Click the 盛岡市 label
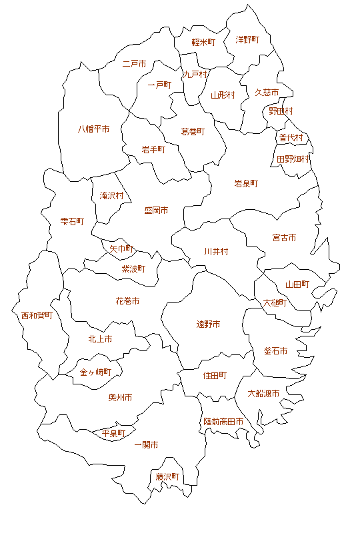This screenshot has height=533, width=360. (156, 211)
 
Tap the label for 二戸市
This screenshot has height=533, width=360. (135, 65)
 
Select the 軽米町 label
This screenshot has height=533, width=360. (203, 42)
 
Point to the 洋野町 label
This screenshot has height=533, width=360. (247, 40)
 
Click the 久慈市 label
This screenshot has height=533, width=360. (267, 93)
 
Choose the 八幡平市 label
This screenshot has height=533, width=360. (93, 129)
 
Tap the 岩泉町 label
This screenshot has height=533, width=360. (246, 183)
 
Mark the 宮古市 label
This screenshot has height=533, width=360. (284, 238)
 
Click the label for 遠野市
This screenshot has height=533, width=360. (208, 324)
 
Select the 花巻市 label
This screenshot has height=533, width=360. (127, 301)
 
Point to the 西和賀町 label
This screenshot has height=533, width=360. (37, 315)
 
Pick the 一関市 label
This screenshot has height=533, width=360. (146, 444)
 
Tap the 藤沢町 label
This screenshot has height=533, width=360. (168, 477)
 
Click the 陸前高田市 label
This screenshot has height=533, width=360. (223, 422)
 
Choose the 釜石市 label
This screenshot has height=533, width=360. (275, 351)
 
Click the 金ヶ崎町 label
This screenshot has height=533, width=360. (95, 372)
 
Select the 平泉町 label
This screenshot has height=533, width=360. (113, 434)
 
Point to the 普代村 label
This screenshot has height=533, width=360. (291, 138)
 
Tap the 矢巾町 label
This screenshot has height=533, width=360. (122, 249)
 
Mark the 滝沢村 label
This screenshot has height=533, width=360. (111, 196)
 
